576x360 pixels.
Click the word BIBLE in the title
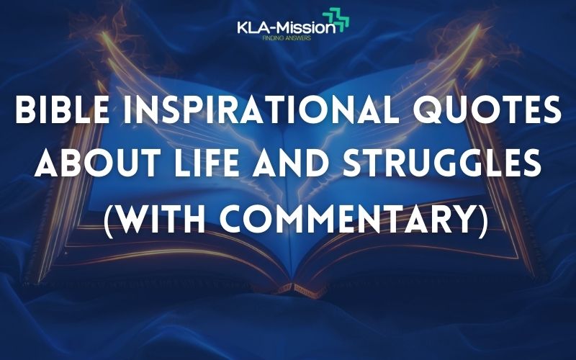coord(62,109)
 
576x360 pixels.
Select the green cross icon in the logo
coord(336,19)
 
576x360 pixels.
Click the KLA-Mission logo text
coord(286,27)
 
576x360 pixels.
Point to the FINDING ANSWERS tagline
coord(286,38)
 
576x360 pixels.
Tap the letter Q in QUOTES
coord(428,110)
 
